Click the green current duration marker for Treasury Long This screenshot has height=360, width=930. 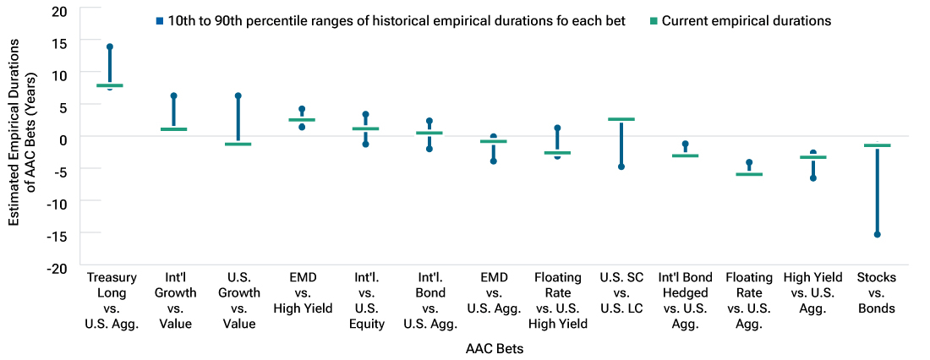[110, 85]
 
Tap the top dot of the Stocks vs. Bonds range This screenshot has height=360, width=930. [877, 145]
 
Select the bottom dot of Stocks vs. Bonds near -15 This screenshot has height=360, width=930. [877, 234]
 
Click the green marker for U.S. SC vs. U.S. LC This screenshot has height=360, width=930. [621, 119]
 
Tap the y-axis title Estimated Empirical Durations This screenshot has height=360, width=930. [22, 139]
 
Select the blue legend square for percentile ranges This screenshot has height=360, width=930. [159, 21]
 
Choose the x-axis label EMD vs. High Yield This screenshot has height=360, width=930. [302, 292]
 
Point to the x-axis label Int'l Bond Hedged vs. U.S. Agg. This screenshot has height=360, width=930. [685, 300]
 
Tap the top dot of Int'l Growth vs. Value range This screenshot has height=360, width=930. [174, 96]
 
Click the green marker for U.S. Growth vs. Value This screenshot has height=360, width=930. [238, 145]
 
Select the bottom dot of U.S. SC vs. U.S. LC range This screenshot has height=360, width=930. [621, 166]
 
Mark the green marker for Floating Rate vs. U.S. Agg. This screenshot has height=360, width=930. [749, 174]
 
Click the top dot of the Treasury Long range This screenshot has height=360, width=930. [110, 47]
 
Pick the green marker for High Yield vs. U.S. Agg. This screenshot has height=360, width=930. [812, 157]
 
